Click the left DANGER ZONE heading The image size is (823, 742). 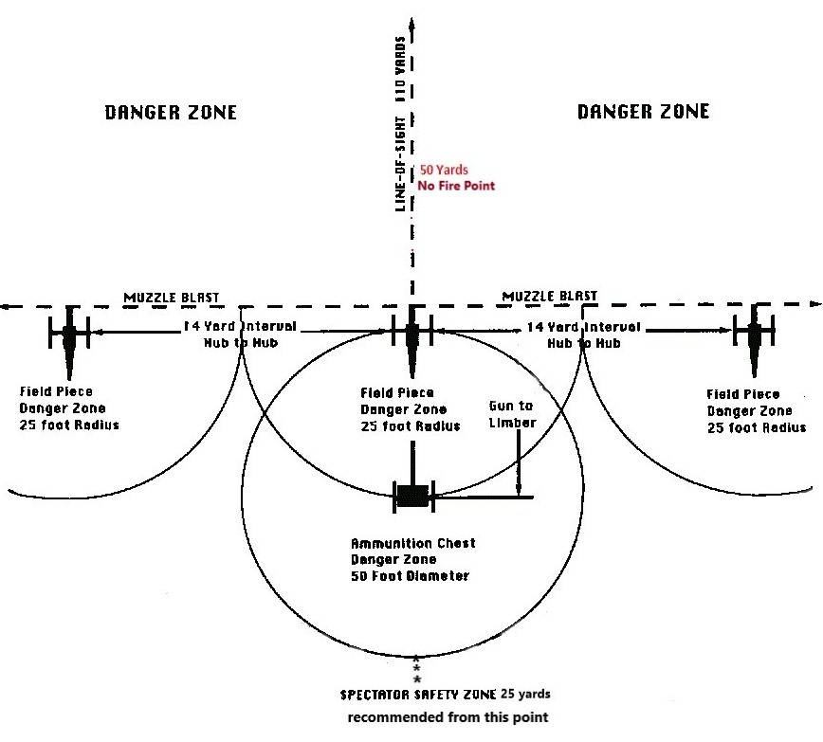[170, 113]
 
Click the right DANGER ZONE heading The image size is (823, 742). [643, 112]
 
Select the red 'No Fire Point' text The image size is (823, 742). [456, 186]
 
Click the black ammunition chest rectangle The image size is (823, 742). [411, 496]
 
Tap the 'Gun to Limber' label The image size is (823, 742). [513, 413]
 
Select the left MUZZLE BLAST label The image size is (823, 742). [172, 298]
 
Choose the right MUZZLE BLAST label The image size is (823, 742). [550, 296]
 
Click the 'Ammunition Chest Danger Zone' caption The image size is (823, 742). [413, 559]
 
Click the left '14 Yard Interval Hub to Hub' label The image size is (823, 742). [240, 334]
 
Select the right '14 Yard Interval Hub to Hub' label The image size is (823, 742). [583, 335]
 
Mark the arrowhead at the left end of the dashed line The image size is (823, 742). [5, 306]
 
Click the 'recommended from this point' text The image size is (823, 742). [448, 717]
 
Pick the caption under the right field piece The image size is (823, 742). [757, 410]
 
